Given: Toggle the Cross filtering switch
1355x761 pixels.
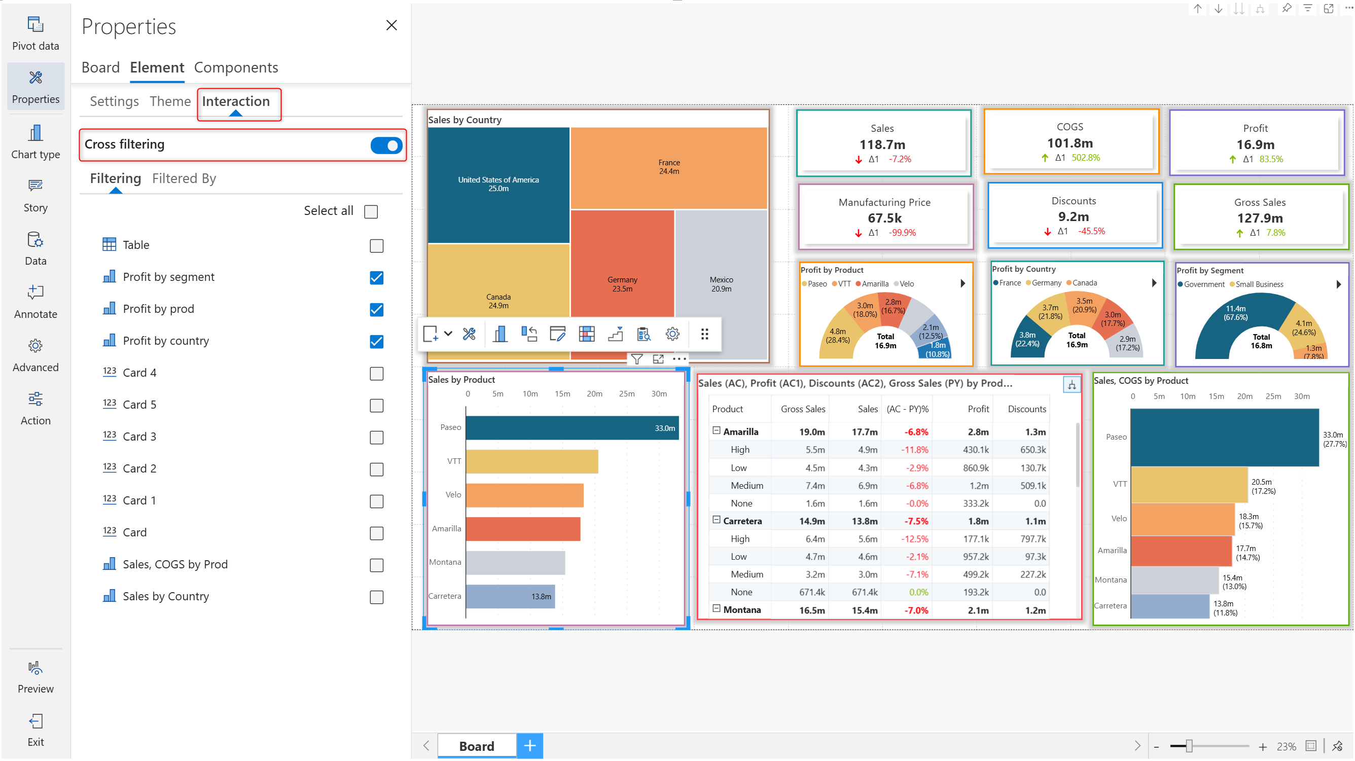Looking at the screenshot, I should click(386, 145).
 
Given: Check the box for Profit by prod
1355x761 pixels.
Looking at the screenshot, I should click(376, 310).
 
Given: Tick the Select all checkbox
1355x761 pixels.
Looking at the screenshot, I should click(371, 211).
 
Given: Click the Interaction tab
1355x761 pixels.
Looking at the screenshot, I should click(236, 101).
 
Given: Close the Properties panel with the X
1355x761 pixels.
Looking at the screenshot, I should click(391, 25).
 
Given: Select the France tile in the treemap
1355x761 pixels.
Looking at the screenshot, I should click(668, 167).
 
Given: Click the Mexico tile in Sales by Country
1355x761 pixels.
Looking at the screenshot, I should click(721, 284).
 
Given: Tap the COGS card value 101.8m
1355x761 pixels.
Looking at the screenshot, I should click(1069, 143).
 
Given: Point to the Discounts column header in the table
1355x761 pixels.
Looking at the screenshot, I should click(1026, 409).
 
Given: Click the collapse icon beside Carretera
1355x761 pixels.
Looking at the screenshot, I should click(716, 520).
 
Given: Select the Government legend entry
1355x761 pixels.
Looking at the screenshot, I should click(1203, 284).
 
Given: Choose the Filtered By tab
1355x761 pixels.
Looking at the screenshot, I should click(184, 179).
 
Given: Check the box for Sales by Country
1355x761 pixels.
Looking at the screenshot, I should click(376, 597).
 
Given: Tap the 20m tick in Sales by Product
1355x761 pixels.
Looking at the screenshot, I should click(594, 394).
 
